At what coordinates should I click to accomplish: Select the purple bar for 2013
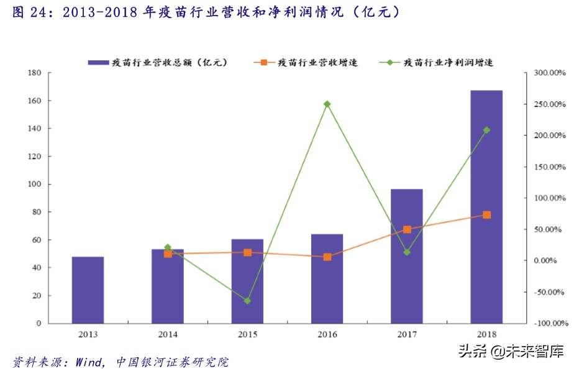click(88, 290)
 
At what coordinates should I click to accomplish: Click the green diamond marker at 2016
click(327, 104)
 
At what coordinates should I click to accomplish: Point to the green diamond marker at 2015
click(247, 301)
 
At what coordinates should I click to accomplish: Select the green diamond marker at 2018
click(486, 130)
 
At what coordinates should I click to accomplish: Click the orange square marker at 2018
click(486, 215)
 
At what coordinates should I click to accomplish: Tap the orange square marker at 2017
click(407, 229)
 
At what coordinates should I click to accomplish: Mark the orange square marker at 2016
click(327, 257)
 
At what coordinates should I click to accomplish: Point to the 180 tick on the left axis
click(34, 73)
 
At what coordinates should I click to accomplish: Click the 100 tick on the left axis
click(34, 184)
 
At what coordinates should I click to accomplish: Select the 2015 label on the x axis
click(247, 335)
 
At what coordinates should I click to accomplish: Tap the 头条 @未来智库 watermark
click(511, 352)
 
